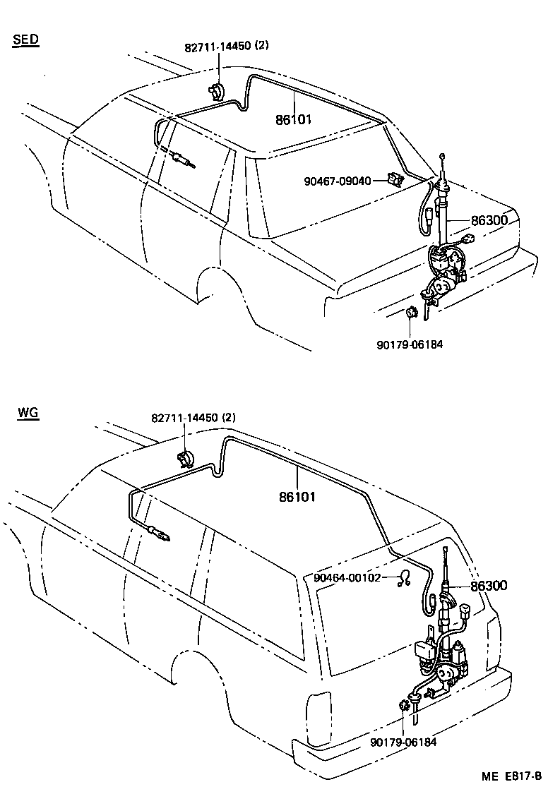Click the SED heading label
point(25,39)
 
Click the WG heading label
point(27,412)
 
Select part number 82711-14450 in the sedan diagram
point(217,47)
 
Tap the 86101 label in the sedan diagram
point(294,120)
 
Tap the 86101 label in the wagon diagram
point(297,497)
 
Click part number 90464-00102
point(347,577)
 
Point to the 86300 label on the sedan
point(489,221)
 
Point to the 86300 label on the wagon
point(489,586)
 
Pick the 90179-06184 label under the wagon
point(403,741)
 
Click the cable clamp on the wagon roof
point(186,459)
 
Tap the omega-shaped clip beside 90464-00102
point(405,578)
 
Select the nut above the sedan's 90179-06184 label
point(411,313)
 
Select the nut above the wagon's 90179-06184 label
point(405,704)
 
